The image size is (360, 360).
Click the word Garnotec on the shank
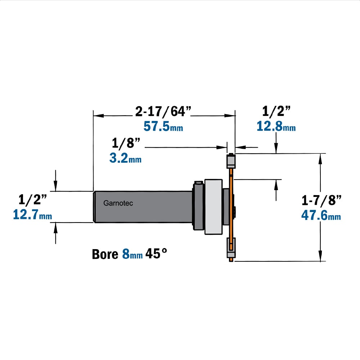tap(118, 203)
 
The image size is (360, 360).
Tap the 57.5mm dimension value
tap(163, 126)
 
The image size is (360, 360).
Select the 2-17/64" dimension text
tap(163, 111)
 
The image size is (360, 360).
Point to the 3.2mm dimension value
tap(125, 158)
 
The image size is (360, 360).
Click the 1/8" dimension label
tap(126, 143)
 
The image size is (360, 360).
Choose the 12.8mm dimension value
tap(276, 126)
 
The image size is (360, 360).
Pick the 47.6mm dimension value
tap(321, 215)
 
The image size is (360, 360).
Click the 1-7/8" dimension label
tap(321, 200)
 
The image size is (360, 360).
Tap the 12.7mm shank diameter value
tap(32, 215)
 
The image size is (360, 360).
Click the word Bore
tap(105, 254)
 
